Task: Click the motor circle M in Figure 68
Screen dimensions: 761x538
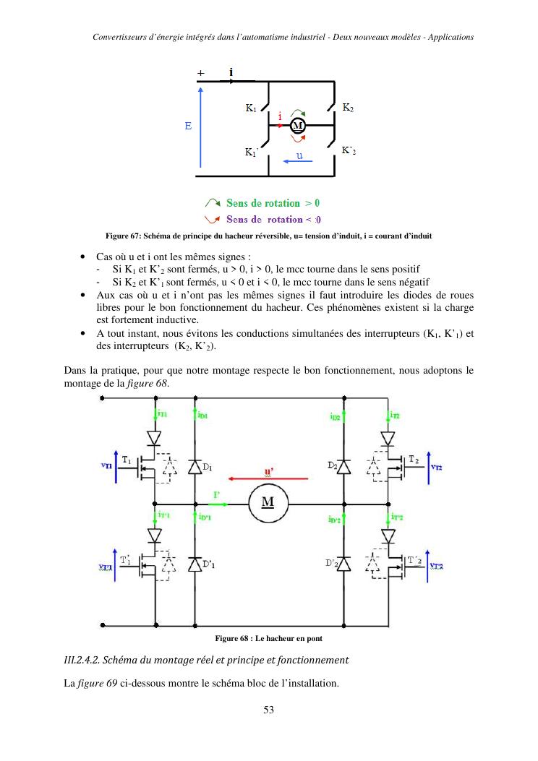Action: [268, 503]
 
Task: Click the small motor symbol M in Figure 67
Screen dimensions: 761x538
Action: [297, 126]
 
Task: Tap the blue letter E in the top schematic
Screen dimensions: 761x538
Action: [188, 126]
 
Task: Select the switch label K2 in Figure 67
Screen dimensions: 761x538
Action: [348, 108]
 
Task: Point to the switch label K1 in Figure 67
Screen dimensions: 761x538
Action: [251, 109]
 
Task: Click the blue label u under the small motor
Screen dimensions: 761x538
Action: [298, 155]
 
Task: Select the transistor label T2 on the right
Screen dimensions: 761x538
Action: [413, 460]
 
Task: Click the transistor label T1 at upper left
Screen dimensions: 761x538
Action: [126, 460]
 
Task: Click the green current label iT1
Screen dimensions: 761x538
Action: [162, 415]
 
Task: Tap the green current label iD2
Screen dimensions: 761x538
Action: [335, 416]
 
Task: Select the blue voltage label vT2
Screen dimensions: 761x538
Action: [437, 467]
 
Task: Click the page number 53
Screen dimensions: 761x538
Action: [268, 710]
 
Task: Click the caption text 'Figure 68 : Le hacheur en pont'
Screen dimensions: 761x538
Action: [268, 638]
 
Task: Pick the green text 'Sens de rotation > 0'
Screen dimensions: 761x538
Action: [273, 203]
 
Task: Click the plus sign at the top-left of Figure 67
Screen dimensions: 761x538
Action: [200, 74]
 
